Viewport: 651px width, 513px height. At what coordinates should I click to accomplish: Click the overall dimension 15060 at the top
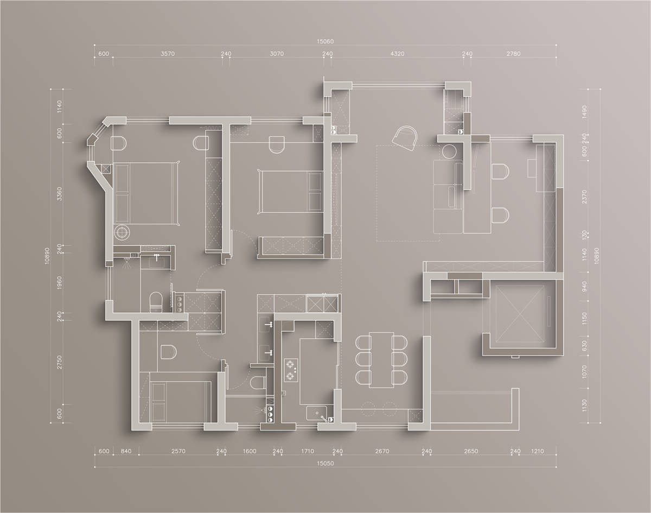tap(325, 41)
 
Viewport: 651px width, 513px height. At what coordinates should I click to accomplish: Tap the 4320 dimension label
tap(397, 54)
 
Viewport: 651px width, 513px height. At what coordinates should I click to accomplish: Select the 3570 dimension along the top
tap(168, 54)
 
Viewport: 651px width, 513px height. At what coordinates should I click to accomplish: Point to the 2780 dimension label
tap(513, 54)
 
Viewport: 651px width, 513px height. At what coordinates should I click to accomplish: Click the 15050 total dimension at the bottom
tap(325, 464)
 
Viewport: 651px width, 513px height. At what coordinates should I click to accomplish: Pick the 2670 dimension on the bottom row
tap(382, 451)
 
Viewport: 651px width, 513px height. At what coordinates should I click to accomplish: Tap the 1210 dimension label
tap(537, 451)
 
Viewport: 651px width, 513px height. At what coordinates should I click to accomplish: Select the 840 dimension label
tap(126, 451)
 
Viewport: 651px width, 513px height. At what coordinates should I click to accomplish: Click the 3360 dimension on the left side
tap(59, 194)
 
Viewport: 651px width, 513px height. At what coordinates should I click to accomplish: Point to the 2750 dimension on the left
tap(59, 362)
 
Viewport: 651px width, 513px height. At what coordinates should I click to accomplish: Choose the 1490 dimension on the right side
tap(584, 112)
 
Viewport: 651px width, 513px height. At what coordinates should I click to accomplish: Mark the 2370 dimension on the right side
tap(584, 197)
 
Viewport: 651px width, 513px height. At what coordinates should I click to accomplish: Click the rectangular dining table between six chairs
tap(381, 360)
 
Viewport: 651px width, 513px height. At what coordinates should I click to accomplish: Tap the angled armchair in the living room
tap(405, 138)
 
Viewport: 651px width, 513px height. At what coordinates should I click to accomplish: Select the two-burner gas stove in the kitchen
tap(291, 370)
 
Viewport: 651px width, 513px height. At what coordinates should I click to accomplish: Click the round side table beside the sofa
tap(449, 151)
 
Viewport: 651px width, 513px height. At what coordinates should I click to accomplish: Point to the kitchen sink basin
tap(316, 413)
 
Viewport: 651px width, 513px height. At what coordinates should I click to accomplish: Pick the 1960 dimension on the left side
tap(59, 282)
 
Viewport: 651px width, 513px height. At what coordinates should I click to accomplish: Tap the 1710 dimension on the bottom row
tap(308, 451)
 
